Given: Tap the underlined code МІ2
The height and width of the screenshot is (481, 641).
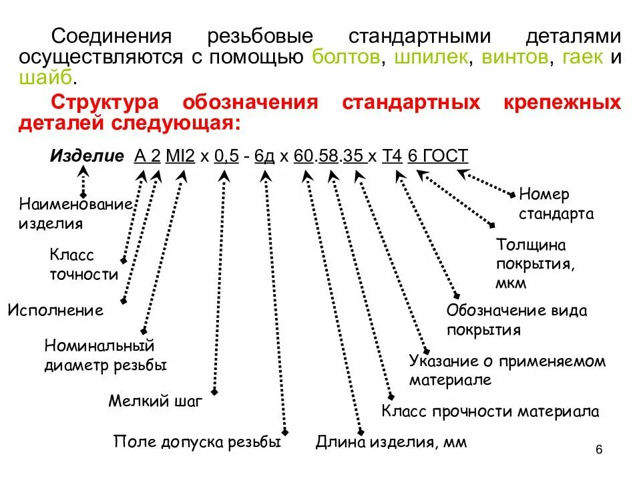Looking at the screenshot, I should click(x=180, y=156).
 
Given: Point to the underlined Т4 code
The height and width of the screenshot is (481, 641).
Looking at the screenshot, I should click(x=392, y=156).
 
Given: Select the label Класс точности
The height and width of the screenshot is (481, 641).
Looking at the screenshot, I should click(x=83, y=265).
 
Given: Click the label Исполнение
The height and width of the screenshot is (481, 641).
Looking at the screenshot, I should click(x=55, y=310).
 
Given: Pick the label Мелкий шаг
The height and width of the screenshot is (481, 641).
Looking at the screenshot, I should click(x=155, y=402).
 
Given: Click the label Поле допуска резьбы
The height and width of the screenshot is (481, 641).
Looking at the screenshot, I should click(x=197, y=442).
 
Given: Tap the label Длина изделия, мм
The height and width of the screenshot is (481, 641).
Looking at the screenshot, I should click(x=391, y=442).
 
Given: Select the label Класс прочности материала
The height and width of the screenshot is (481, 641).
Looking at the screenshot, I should click(x=490, y=410).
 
